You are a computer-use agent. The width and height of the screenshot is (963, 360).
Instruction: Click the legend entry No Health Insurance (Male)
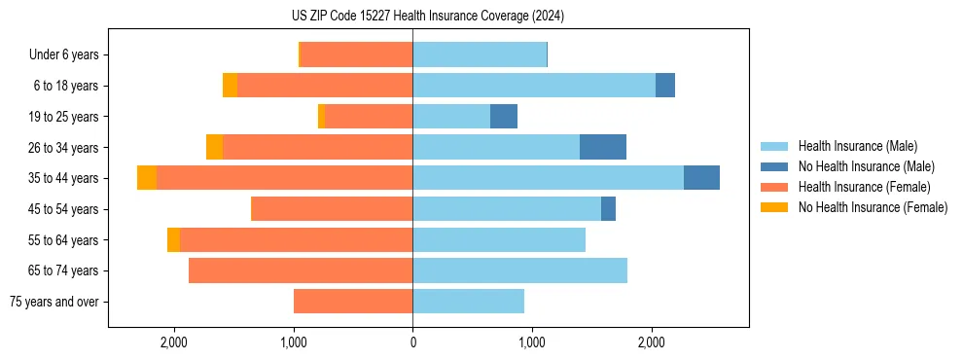click(866, 166)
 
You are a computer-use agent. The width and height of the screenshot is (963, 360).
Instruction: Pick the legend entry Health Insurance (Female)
click(864, 187)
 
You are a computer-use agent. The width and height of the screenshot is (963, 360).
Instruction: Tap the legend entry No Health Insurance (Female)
click(873, 207)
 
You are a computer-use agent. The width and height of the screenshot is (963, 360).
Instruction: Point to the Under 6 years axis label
click(64, 54)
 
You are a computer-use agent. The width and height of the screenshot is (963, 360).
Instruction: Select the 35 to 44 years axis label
click(63, 178)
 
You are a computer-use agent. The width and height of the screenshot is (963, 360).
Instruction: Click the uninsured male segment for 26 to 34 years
click(602, 147)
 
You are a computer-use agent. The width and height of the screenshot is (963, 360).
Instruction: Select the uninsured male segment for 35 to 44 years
click(701, 178)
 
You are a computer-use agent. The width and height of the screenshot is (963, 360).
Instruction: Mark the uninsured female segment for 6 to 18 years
click(230, 86)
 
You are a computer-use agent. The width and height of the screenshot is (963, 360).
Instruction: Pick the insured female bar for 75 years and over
click(353, 302)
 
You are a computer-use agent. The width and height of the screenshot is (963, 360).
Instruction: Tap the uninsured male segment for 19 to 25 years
click(503, 117)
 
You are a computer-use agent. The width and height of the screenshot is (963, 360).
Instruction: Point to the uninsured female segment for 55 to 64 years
click(173, 239)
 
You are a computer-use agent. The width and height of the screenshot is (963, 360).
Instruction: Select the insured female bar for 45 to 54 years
click(332, 209)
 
